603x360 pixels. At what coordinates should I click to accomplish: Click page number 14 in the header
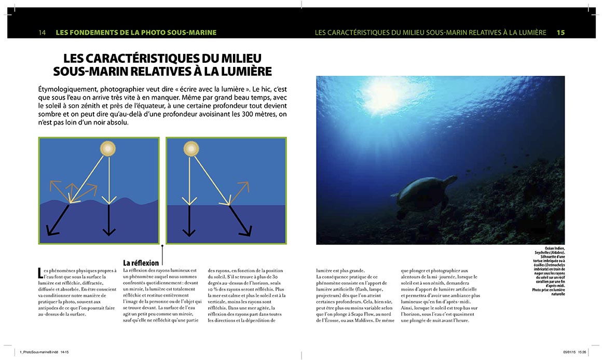[43, 32]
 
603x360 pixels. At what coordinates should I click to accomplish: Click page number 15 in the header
[560, 32]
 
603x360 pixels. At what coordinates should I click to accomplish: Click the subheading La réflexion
[141, 263]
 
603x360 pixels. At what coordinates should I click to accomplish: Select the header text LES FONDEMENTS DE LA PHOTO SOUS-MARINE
[136, 32]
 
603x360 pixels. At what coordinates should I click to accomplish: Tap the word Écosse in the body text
[338, 320]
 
